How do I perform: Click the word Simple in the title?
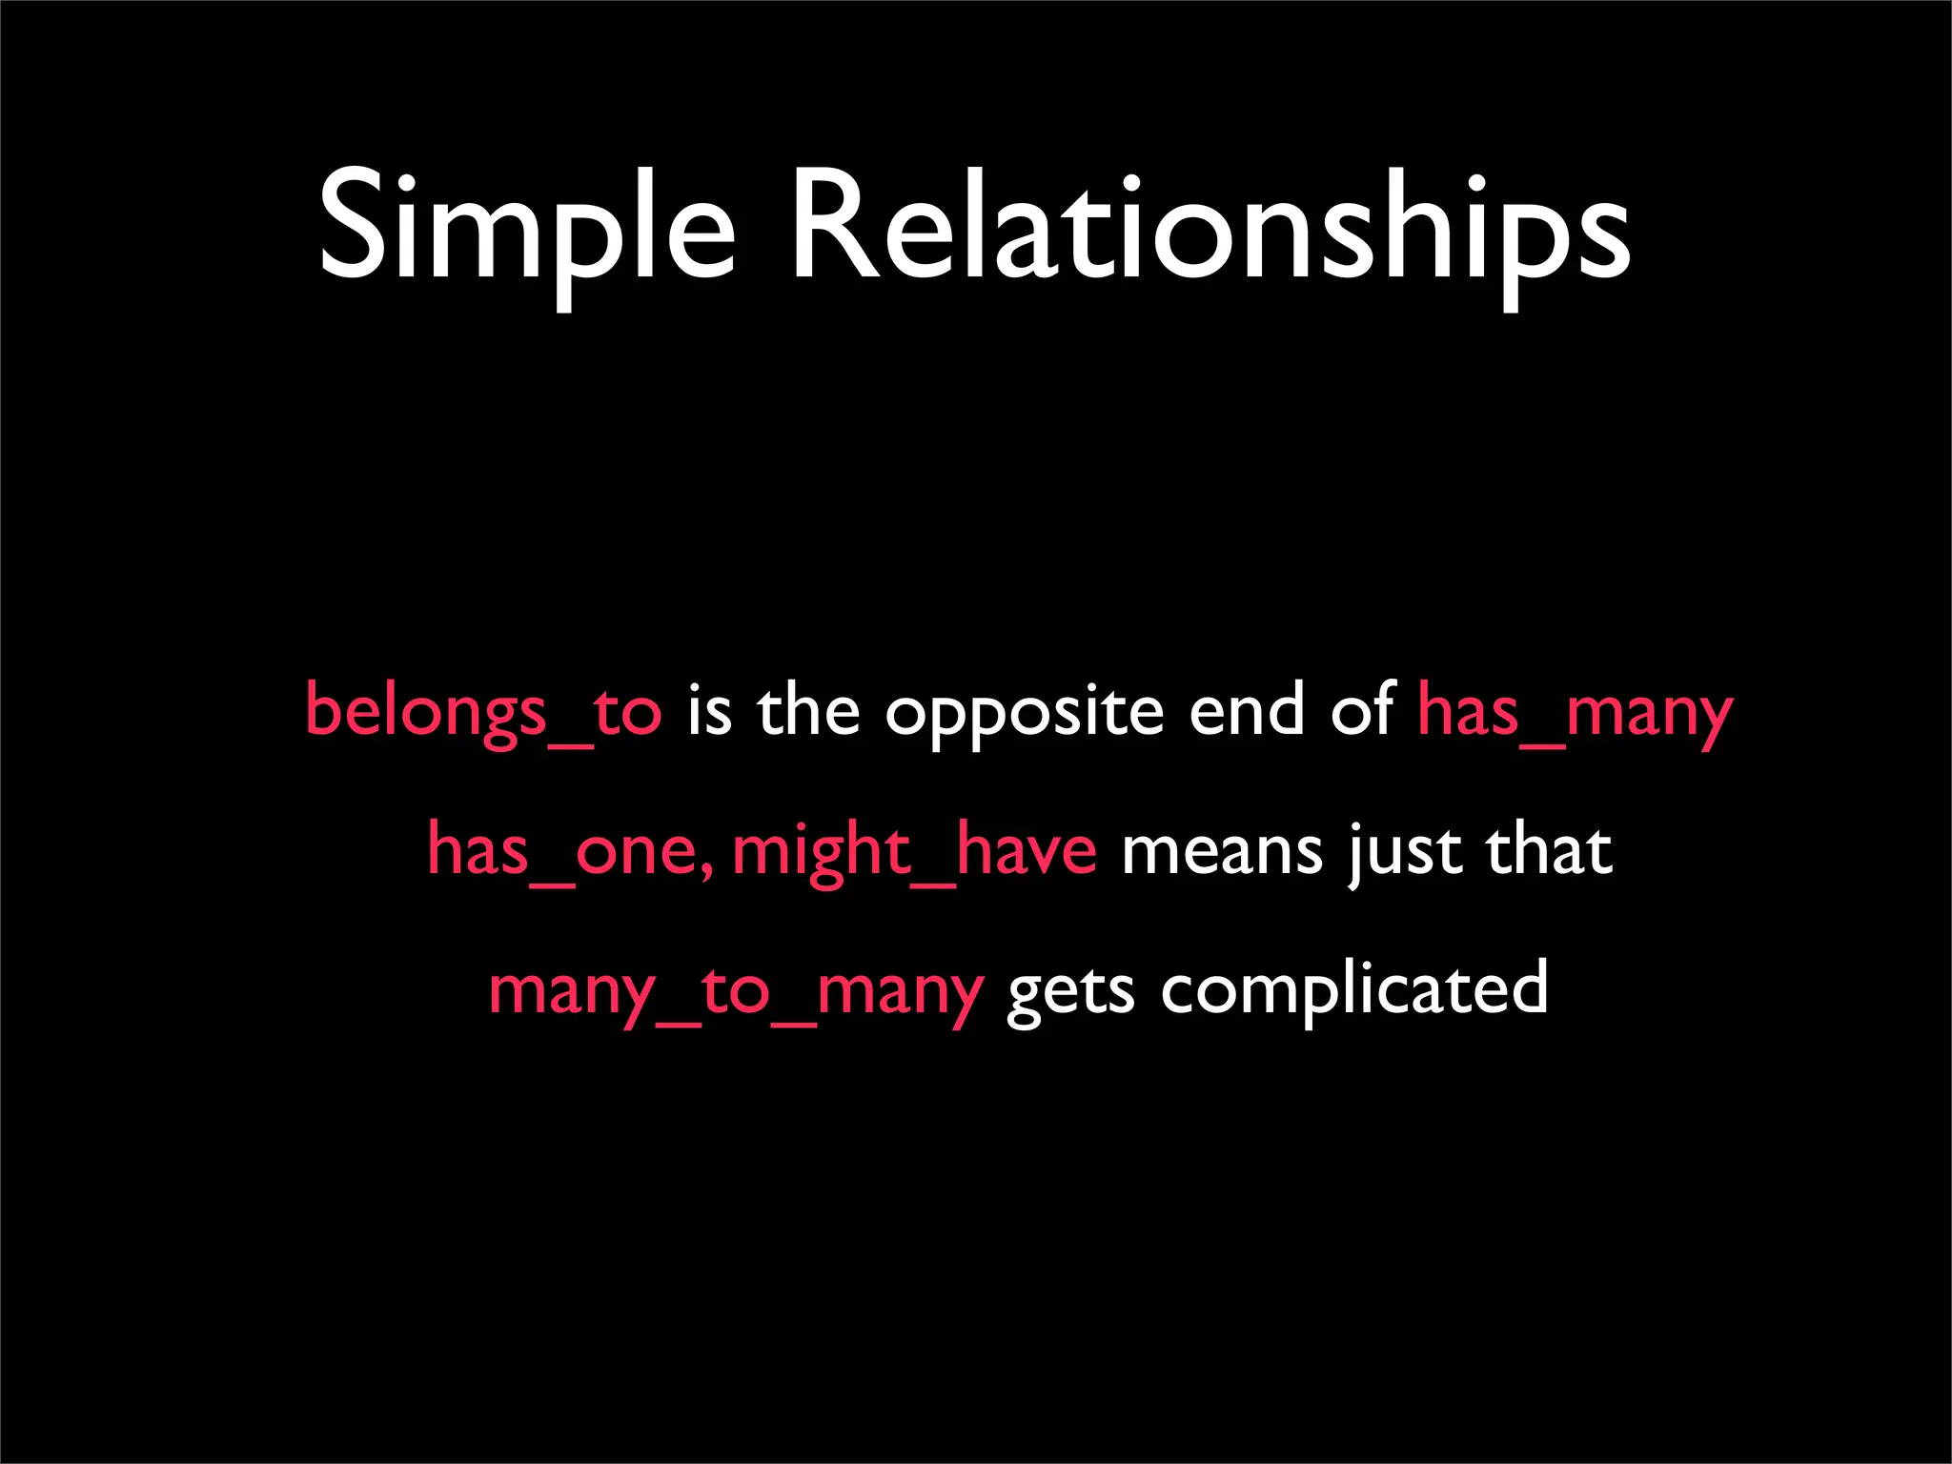click(x=526, y=229)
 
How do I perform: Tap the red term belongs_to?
click(x=482, y=712)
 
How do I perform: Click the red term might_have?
click(x=914, y=851)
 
